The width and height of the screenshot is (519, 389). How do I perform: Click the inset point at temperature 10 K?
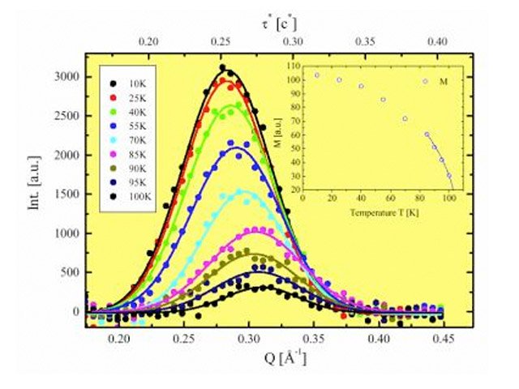coord(316,75)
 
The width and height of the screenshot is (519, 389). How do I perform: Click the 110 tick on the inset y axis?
coord(292,64)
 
